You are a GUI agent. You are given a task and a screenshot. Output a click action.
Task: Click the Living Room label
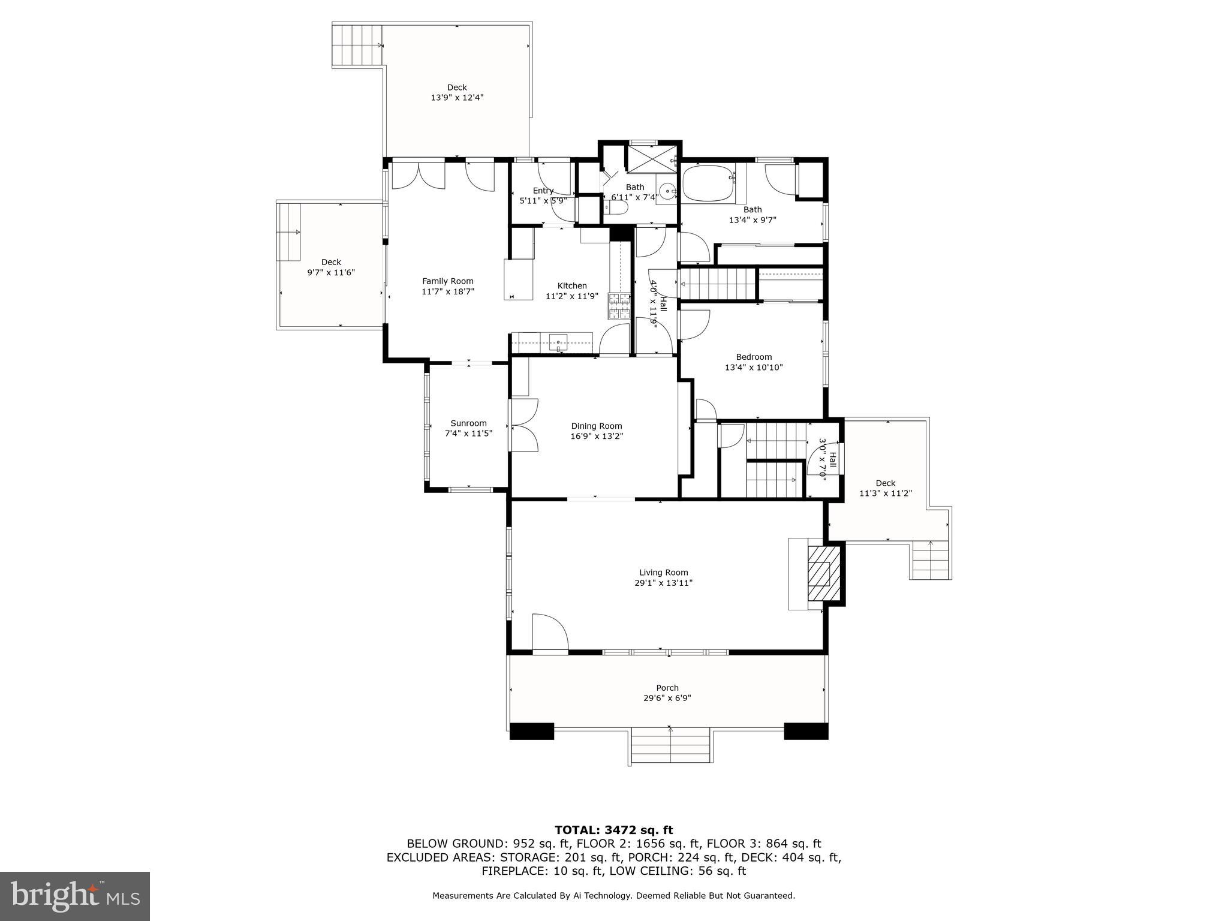(663, 572)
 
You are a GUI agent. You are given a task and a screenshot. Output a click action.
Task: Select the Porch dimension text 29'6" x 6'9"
(667, 698)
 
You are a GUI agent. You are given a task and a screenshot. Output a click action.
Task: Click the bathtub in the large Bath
(708, 183)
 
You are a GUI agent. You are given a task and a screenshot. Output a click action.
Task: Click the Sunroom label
(468, 423)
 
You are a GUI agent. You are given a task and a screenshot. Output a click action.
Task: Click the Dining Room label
(596, 426)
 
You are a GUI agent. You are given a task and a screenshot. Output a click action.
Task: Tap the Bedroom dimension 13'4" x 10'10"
(754, 368)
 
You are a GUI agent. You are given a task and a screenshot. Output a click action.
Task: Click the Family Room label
(447, 281)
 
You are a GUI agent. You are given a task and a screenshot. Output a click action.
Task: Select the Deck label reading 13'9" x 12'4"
(457, 97)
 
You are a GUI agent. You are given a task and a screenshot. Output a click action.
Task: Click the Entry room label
(543, 191)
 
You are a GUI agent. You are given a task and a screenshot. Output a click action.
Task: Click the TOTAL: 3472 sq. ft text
(613, 830)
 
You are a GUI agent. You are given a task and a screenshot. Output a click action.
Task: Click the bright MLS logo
(75, 896)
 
